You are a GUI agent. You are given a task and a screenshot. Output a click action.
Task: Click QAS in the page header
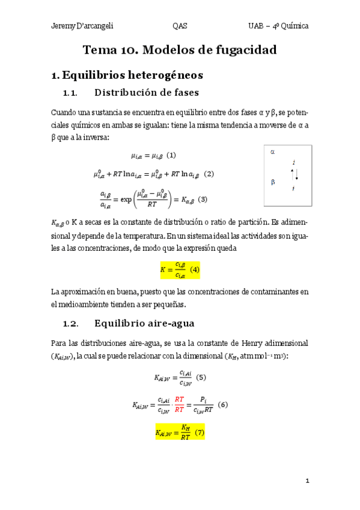pyautogui.click(x=180, y=26)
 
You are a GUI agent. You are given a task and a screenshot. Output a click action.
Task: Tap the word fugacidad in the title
pyautogui.click(x=243, y=51)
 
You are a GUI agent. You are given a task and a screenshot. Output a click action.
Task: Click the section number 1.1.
pyautogui.click(x=71, y=93)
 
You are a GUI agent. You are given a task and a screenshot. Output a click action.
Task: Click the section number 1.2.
pyautogui.click(x=71, y=324)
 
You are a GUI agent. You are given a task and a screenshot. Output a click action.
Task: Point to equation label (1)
pyautogui.click(x=171, y=156)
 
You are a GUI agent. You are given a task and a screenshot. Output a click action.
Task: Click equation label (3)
pyautogui.click(x=203, y=199)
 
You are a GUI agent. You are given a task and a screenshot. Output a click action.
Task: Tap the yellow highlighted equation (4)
pyautogui.click(x=180, y=270)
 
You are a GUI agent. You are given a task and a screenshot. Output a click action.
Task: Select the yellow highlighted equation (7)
pyautogui.click(x=180, y=432)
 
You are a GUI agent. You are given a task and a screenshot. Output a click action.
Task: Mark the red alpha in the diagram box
pyautogui.click(x=272, y=152)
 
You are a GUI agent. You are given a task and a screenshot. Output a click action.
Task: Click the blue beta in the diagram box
pyautogui.click(x=272, y=181)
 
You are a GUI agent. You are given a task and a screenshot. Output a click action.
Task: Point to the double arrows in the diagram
pyautogui.click(x=294, y=174)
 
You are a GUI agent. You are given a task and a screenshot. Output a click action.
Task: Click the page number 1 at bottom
pyautogui.click(x=307, y=481)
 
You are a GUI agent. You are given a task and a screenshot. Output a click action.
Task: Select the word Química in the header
pyautogui.click(x=294, y=26)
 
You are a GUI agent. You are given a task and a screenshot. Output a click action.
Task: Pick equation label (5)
pyautogui.click(x=201, y=378)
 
